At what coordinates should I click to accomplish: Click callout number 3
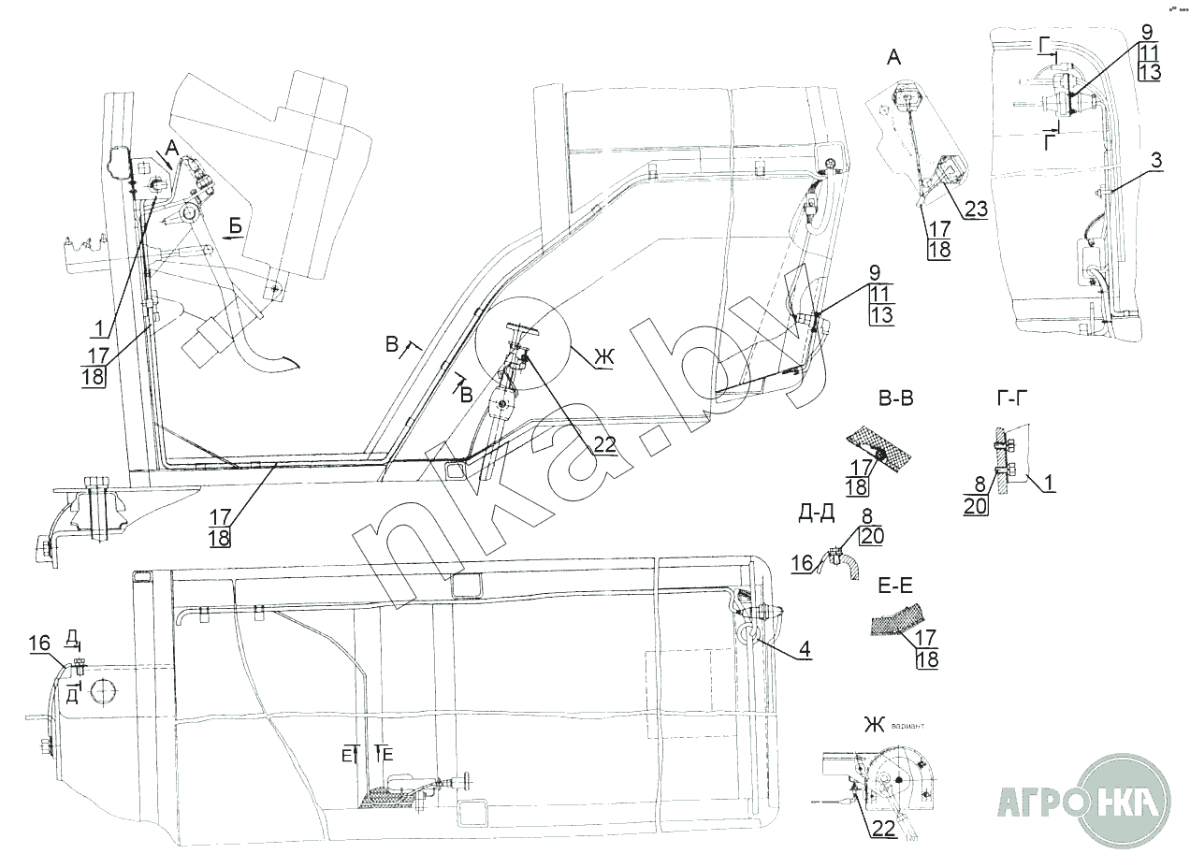pos(1156,160)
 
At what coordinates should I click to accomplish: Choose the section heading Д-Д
pos(817,511)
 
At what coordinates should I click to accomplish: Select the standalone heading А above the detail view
pos(893,58)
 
